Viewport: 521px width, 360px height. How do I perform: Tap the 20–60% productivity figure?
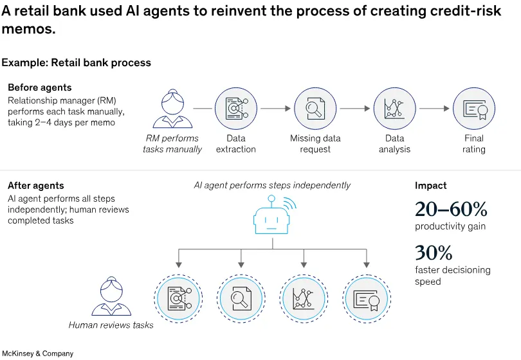point(450,210)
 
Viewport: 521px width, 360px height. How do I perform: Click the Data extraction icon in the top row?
point(235,109)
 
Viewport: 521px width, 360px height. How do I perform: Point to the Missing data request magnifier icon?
point(315,109)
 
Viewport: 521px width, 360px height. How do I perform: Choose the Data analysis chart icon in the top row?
point(394,109)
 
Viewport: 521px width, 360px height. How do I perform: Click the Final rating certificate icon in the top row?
point(474,109)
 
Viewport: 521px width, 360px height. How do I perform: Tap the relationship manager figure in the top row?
point(172,109)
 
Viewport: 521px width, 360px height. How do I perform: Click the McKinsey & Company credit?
point(37,354)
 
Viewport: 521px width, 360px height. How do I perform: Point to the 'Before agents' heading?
point(40,87)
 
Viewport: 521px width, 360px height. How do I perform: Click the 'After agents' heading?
point(36,186)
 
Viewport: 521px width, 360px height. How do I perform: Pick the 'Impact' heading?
point(430,186)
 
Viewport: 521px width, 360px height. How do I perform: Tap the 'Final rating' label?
point(474,143)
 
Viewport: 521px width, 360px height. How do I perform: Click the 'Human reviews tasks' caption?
point(111,325)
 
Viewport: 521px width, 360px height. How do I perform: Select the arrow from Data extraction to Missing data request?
point(275,109)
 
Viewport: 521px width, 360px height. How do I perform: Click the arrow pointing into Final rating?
point(434,109)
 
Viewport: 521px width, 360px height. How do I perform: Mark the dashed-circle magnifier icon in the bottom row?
point(241,297)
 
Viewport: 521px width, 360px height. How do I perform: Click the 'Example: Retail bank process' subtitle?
point(76,62)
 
